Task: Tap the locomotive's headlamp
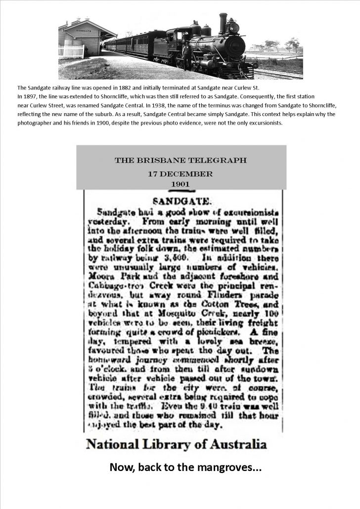(x=234, y=26)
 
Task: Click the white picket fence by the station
(x=71, y=51)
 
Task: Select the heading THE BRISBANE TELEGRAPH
(x=180, y=161)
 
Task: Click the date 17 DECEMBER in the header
(x=180, y=174)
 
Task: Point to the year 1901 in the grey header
(x=180, y=184)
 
